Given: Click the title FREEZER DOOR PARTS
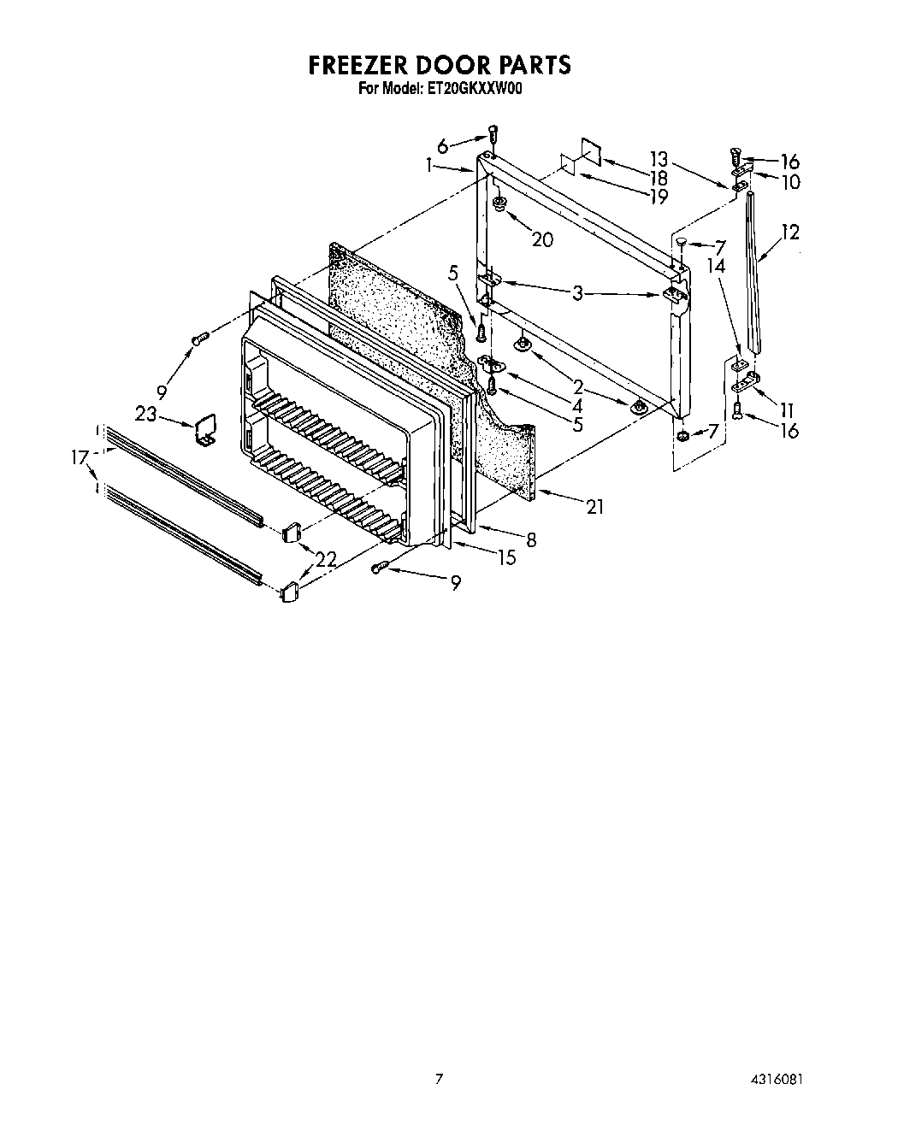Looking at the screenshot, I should pyautogui.click(x=439, y=65).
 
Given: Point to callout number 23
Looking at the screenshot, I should pyautogui.click(x=146, y=415).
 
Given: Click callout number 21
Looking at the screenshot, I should pyautogui.click(x=594, y=507).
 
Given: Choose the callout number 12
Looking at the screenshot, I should pyautogui.click(x=790, y=231).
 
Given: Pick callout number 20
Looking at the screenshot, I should pyautogui.click(x=542, y=239).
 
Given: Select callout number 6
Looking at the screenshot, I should pyautogui.click(x=442, y=147).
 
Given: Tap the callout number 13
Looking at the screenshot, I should pyautogui.click(x=658, y=157).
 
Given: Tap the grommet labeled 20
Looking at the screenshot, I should pyautogui.click(x=500, y=203).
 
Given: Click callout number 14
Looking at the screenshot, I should pyautogui.click(x=716, y=266).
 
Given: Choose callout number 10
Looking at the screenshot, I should pyautogui.click(x=789, y=181).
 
